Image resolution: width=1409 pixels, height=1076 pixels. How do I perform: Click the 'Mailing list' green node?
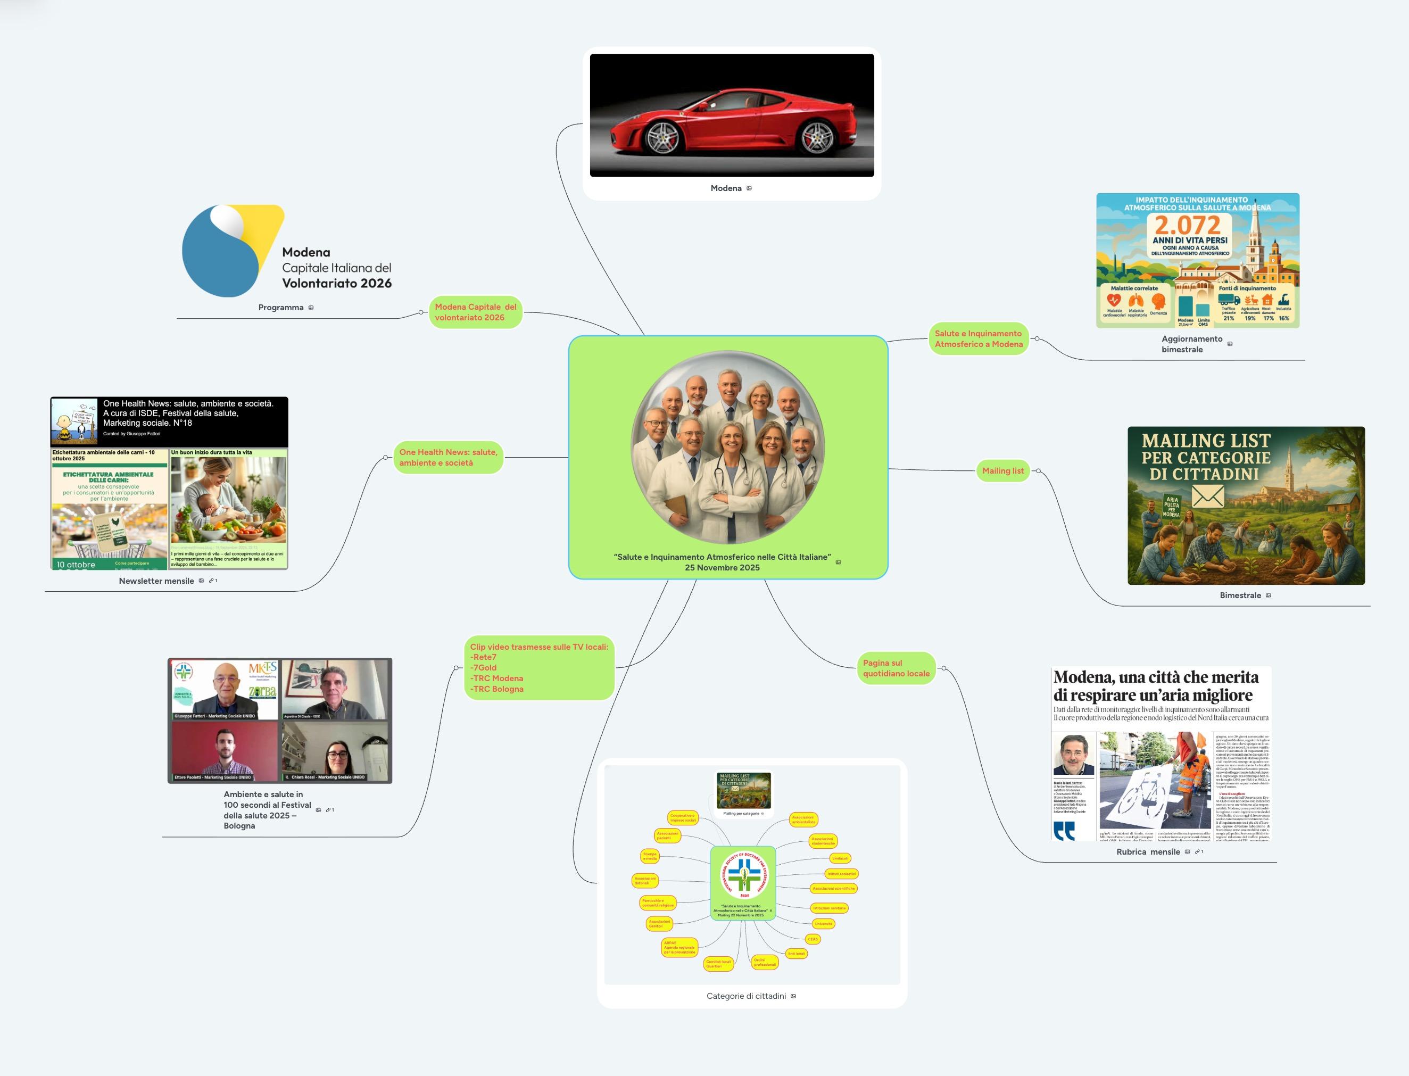pyautogui.click(x=1002, y=471)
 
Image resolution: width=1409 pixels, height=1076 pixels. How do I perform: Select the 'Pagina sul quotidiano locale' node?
pyautogui.click(x=896, y=668)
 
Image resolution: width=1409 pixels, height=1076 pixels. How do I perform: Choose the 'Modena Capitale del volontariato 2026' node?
pyautogui.click(x=475, y=312)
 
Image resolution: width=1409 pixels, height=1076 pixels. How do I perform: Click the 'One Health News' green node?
pyautogui.click(x=447, y=457)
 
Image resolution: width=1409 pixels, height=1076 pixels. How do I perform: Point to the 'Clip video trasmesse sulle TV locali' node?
pyautogui.click(x=538, y=667)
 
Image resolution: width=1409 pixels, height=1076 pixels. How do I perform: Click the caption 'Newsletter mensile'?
pyautogui.click(x=156, y=581)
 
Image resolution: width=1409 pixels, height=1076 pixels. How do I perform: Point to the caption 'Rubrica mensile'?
pyautogui.click(x=1148, y=852)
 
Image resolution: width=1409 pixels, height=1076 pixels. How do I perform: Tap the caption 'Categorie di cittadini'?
pyautogui.click(x=746, y=996)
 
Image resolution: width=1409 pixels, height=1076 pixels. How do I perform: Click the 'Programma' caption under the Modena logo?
pyautogui.click(x=280, y=308)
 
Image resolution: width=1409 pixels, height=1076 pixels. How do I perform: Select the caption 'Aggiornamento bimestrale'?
pyautogui.click(x=1191, y=344)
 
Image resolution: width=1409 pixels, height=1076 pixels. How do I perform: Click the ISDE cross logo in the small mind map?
pyautogui.click(x=743, y=874)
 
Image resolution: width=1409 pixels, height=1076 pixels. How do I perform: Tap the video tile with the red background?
pyautogui.click(x=225, y=751)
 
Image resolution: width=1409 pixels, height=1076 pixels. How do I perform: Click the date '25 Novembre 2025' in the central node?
pyautogui.click(x=722, y=567)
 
